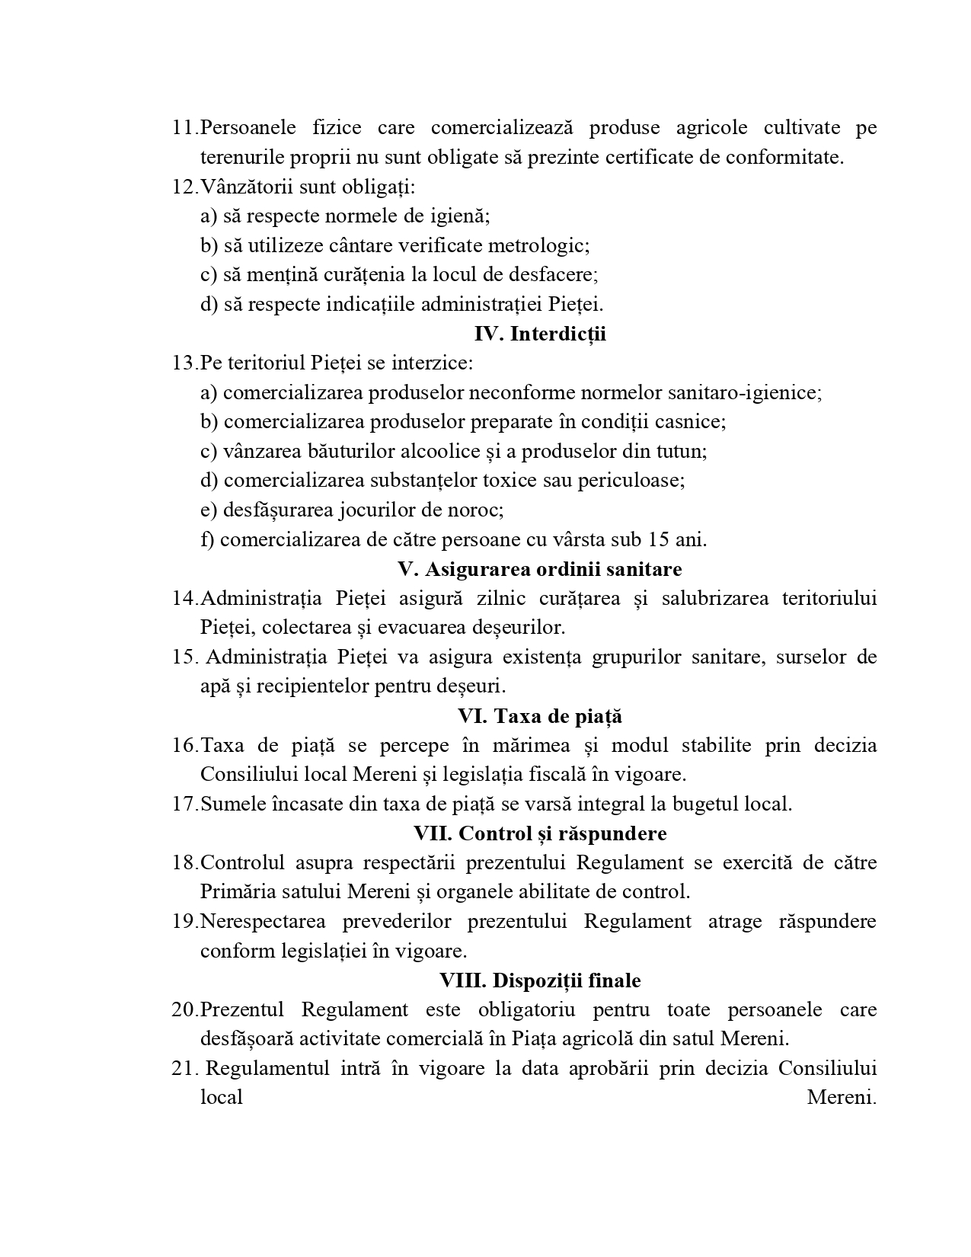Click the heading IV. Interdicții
tap(540, 334)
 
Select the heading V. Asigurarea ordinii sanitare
tap(540, 569)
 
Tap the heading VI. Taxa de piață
tap(540, 716)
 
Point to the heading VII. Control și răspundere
tap(540, 833)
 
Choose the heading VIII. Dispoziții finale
tap(540, 980)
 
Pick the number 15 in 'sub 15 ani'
tap(658, 539)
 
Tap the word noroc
tap(478, 510)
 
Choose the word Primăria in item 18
tap(238, 891)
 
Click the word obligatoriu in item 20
tap(526, 1009)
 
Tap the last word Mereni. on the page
tap(842, 1098)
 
